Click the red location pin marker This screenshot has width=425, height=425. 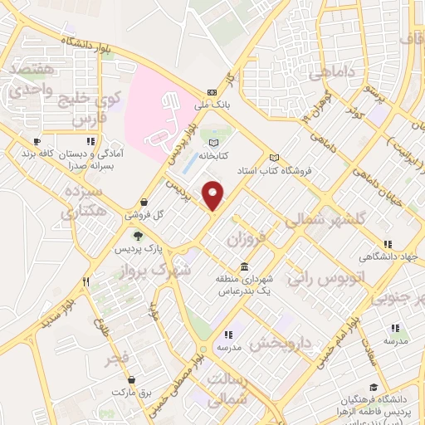coord(213,196)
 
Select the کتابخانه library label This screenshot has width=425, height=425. coord(214,154)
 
